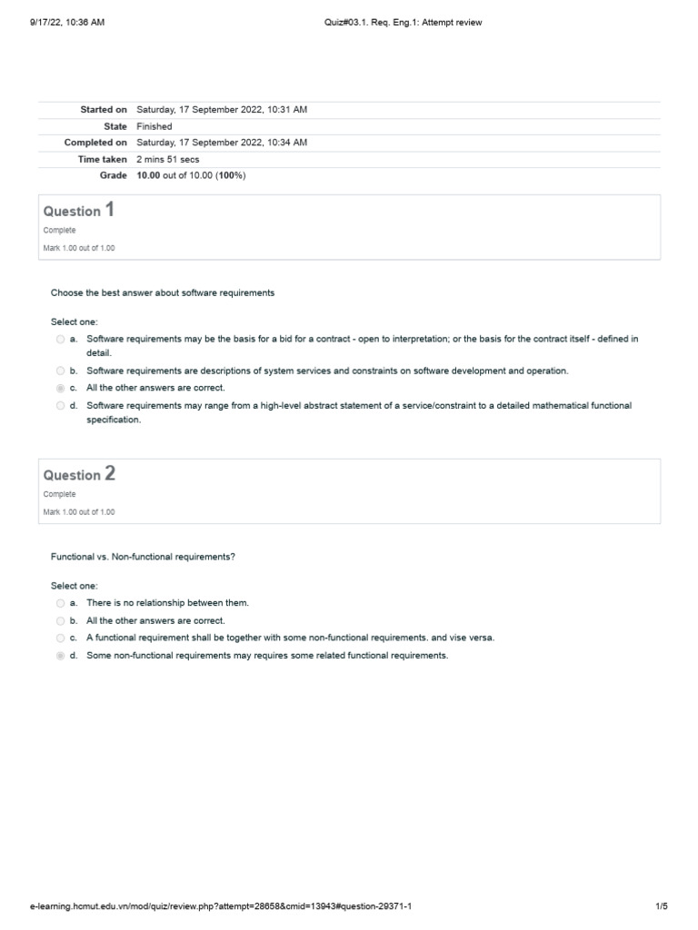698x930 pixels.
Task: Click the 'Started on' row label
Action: click(103, 110)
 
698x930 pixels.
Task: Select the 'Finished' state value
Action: click(154, 126)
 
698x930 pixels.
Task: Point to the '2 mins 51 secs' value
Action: click(169, 159)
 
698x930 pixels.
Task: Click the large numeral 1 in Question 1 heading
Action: click(110, 210)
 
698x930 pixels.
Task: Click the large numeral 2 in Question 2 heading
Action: click(110, 473)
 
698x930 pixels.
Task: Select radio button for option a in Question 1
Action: click(60, 339)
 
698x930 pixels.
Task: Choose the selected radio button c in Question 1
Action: click(60, 388)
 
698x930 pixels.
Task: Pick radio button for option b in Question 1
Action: click(60, 371)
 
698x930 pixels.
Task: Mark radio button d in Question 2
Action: click(60, 656)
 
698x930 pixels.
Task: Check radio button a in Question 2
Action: click(60, 603)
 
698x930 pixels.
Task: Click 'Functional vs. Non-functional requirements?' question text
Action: click(143, 557)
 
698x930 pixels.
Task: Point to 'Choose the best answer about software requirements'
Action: click(163, 293)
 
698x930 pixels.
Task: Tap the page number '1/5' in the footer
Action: click(661, 906)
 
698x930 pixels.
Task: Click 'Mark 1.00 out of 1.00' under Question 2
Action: click(79, 511)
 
